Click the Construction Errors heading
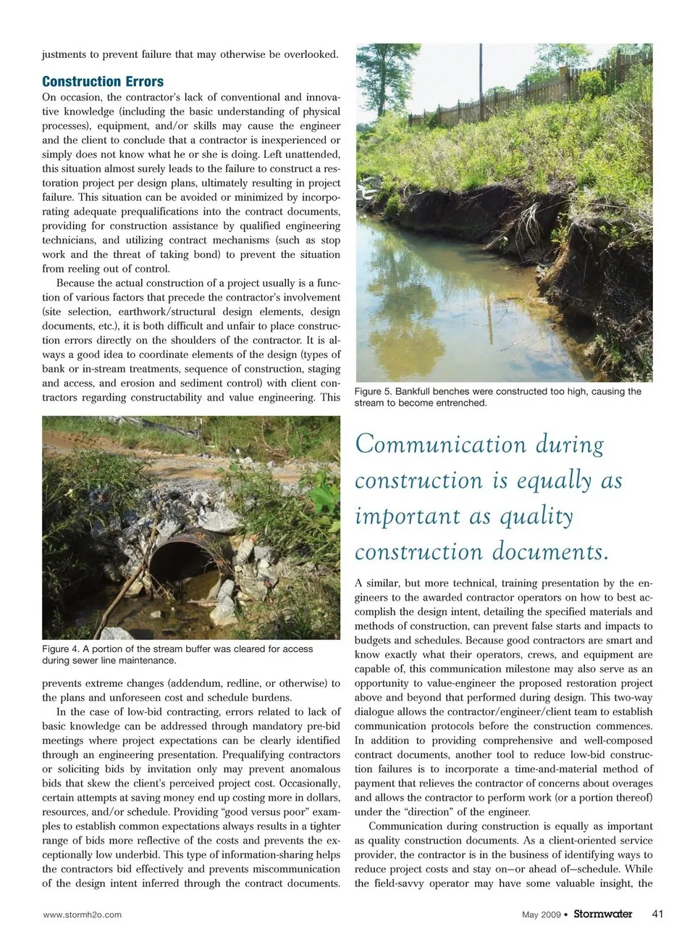click(103, 81)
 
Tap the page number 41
click(657, 914)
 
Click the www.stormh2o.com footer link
click(83, 914)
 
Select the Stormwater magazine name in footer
click(602, 914)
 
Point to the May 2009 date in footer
click(541, 914)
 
